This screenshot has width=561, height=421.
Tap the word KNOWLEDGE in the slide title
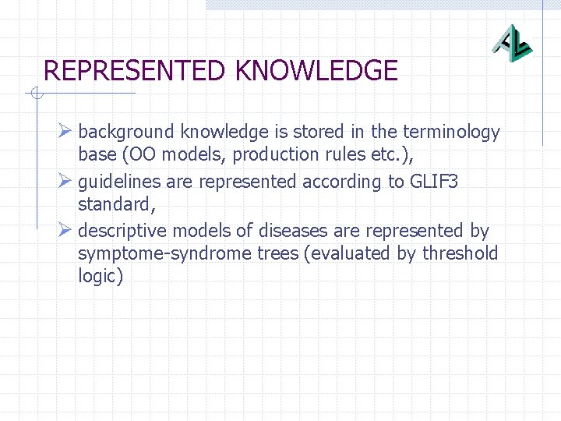click(316, 72)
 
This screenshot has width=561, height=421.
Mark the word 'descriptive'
click(122, 231)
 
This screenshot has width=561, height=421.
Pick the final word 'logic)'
click(101, 276)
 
